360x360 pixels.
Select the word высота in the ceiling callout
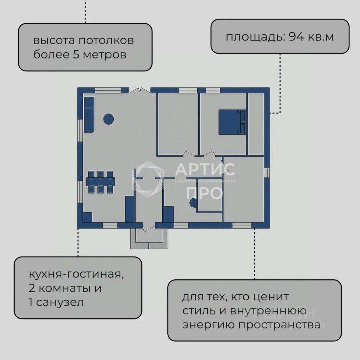point(51,40)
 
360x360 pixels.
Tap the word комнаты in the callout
point(69,289)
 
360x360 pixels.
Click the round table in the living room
point(108,119)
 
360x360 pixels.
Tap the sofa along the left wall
point(89,114)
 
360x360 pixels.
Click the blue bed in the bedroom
point(229,121)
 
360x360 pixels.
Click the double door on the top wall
point(139,90)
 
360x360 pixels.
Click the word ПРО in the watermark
point(204,193)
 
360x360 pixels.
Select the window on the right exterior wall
point(267,173)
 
